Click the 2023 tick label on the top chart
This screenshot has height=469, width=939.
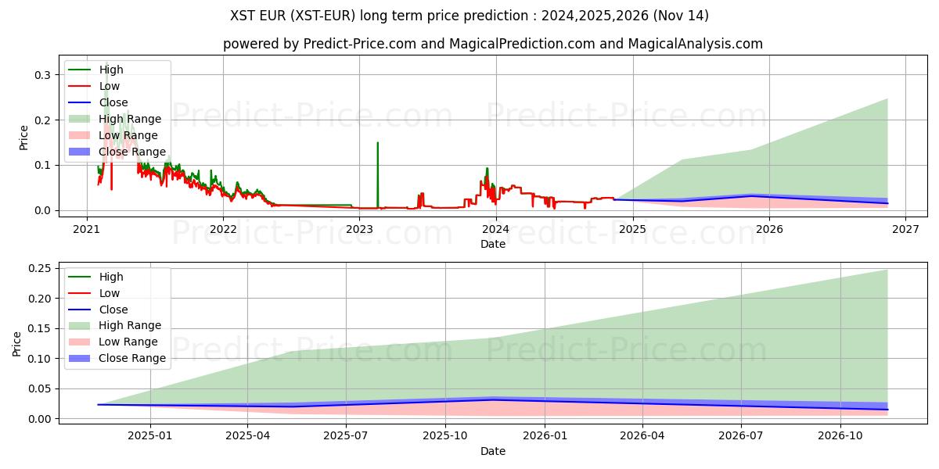point(359,229)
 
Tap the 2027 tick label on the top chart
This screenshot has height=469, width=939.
point(905,229)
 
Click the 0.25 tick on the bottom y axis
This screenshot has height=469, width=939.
point(38,268)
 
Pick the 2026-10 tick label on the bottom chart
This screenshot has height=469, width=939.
point(840,437)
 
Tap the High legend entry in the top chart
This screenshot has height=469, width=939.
point(110,70)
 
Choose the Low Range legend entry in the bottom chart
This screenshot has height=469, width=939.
point(128,342)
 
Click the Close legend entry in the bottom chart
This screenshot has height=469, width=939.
point(113,310)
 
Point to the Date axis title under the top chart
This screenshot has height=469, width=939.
point(493,244)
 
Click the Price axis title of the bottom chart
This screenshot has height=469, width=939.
point(17,343)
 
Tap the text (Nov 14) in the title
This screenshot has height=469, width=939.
point(685,16)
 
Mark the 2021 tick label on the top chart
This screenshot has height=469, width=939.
point(86,229)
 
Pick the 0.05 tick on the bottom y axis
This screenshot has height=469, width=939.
point(38,388)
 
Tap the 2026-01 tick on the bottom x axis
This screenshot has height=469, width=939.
point(545,437)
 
